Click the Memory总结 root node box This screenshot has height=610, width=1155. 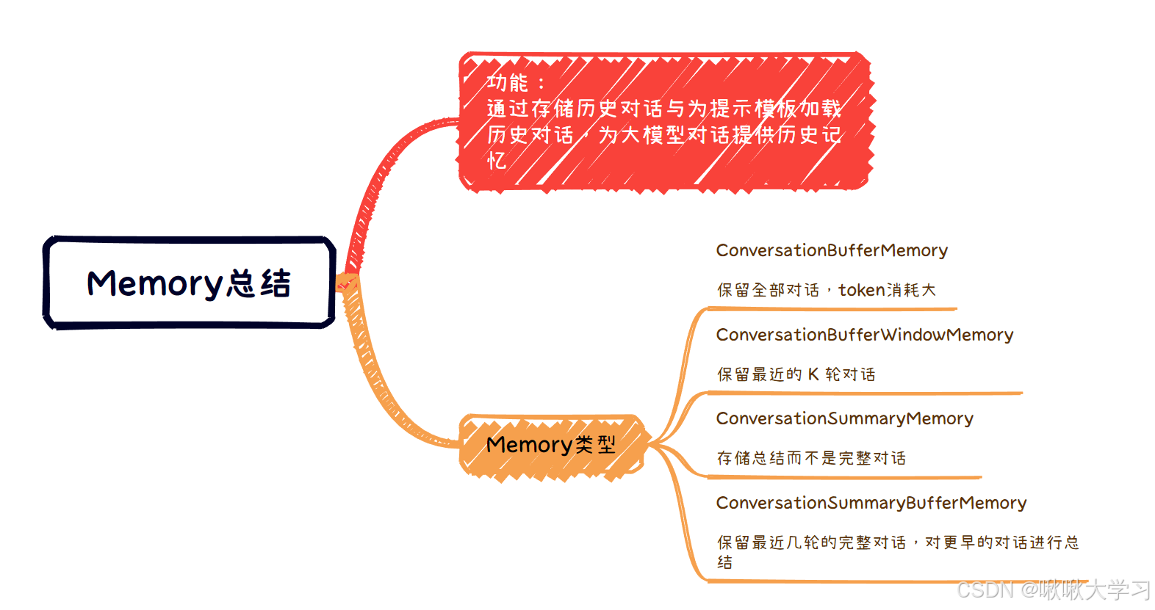pos(189,283)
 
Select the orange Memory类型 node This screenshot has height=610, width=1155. pos(551,445)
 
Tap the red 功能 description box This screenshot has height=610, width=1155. pos(665,121)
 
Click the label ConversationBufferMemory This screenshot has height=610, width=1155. pos(832,250)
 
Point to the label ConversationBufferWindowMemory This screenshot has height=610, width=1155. pos(865,335)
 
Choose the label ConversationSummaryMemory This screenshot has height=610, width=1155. pos(844,418)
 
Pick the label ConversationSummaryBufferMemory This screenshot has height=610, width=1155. pos(871,503)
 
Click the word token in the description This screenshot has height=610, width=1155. pos(861,290)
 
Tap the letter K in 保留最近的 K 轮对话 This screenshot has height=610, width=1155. pos(813,374)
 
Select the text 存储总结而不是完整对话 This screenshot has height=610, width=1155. pos(811,458)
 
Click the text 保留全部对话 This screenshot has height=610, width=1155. pos(768,290)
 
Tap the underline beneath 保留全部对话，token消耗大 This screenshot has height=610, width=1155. pos(830,309)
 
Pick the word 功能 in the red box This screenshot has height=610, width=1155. pos(507,82)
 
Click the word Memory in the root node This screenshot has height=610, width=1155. pos(154,283)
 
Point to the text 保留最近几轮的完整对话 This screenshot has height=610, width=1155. pos(811,542)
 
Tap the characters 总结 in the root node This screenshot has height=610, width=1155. pos(259,283)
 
